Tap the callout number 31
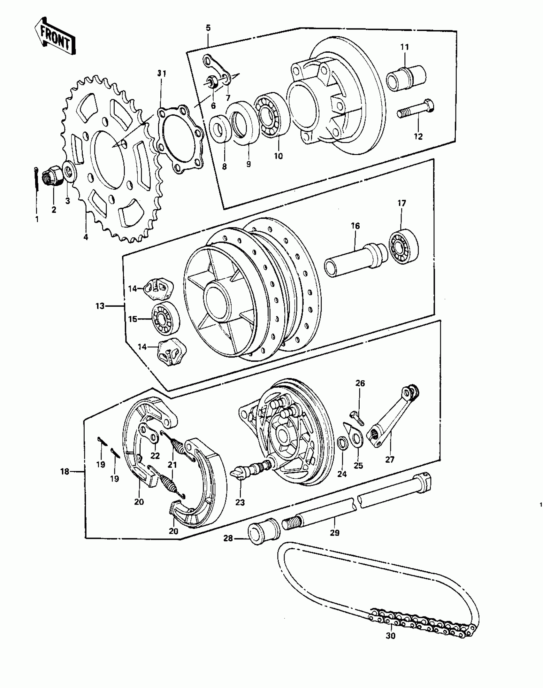point(162,73)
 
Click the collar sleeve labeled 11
point(406,78)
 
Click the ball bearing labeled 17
point(403,246)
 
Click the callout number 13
point(100,306)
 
